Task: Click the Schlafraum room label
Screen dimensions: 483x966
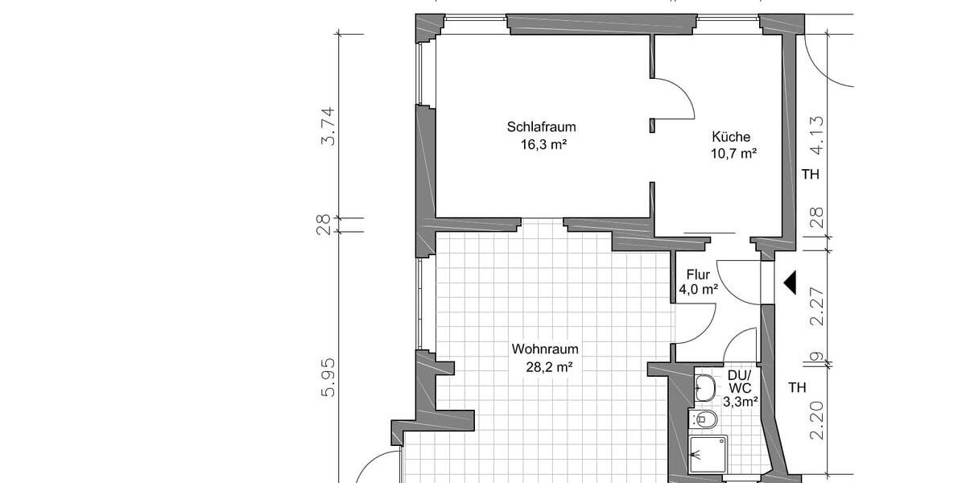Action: click(x=541, y=127)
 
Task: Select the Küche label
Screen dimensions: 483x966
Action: click(x=731, y=137)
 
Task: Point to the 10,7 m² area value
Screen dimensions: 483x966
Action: click(x=732, y=154)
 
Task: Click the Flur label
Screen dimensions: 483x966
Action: click(x=698, y=275)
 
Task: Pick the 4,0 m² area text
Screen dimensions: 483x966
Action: click(x=698, y=290)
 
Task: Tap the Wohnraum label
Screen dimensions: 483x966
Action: click(x=545, y=349)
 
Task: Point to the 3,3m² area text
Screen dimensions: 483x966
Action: click(x=740, y=400)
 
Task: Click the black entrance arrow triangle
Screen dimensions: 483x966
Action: click(x=790, y=283)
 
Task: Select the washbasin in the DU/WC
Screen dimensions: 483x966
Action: click(x=706, y=387)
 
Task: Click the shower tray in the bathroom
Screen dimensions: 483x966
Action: click(x=708, y=454)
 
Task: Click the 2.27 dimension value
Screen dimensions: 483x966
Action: click(x=818, y=308)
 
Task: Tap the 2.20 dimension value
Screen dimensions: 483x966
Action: click(x=818, y=420)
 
